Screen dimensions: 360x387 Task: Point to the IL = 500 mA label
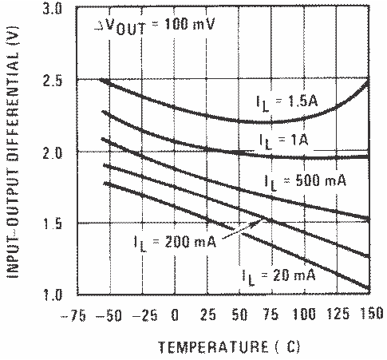(x=304, y=181)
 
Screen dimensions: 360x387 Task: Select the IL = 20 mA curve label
(x=278, y=275)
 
